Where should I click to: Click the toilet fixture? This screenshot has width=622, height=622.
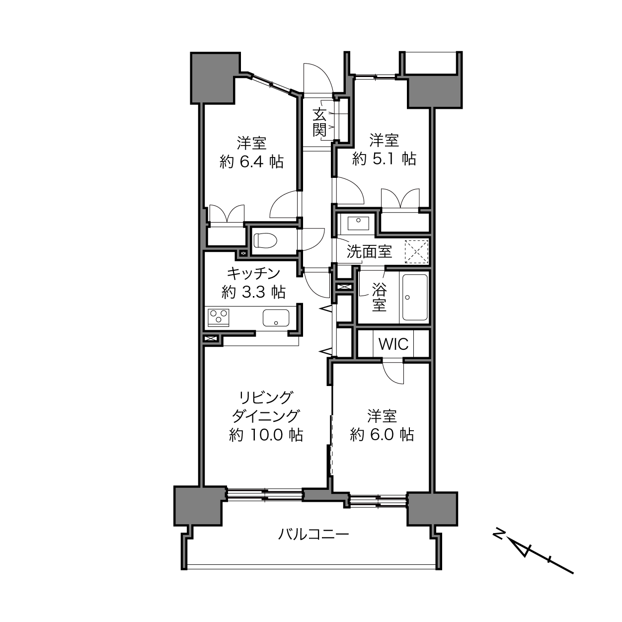[x=265, y=240]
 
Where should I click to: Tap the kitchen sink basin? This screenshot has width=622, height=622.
[x=276, y=318]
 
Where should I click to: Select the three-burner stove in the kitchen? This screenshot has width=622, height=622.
[x=219, y=317]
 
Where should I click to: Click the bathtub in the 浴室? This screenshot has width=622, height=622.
[x=415, y=297]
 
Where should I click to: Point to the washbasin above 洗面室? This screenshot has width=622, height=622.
[x=358, y=223]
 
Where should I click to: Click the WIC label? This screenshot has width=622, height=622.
[x=393, y=344]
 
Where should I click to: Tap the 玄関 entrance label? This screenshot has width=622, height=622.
[x=319, y=123]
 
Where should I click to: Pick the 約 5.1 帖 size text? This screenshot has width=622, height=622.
[x=384, y=158]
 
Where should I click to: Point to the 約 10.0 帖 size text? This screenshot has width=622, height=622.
[x=266, y=435]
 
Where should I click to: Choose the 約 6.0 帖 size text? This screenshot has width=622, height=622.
[x=382, y=435]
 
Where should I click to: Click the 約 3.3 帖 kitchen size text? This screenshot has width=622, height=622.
[x=253, y=292]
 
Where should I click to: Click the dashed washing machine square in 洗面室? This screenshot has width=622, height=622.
[x=416, y=252]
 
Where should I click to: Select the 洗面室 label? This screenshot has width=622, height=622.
[x=369, y=251]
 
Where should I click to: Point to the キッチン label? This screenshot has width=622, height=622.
[x=253, y=274]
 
